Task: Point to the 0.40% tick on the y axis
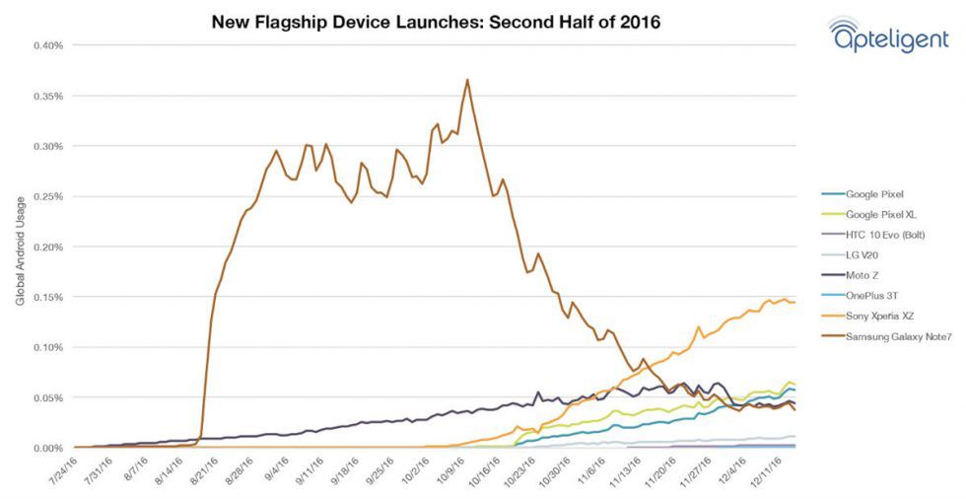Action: coord(48,45)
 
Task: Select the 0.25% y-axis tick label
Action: coord(48,196)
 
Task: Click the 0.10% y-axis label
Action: coord(48,347)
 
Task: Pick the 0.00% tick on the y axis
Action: coord(48,448)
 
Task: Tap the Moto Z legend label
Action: coord(862,275)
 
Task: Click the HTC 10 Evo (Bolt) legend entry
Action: coord(885,234)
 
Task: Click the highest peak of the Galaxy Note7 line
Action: coord(467,80)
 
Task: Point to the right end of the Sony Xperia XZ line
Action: coord(794,302)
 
